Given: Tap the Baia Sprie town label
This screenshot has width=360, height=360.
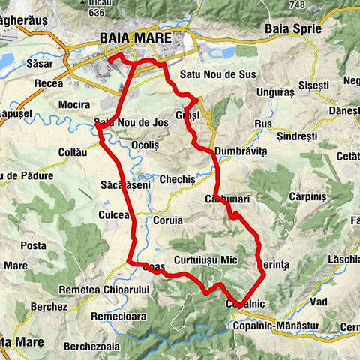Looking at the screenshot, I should [293, 28].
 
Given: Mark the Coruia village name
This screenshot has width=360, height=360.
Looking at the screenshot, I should [167, 221].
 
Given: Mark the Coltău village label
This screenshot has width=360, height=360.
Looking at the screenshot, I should [73, 152].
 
